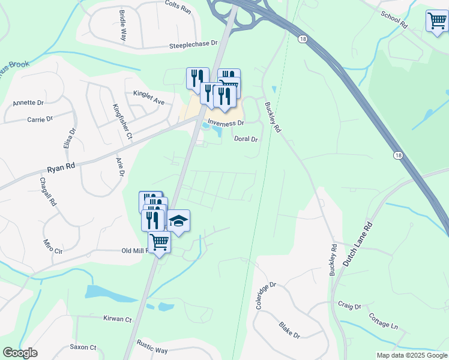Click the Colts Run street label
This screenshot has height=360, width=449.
tap(178, 11)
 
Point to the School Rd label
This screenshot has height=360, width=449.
tap(394, 20)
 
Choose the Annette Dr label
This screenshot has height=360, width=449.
tap(28, 103)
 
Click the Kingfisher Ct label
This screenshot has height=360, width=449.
tap(122, 122)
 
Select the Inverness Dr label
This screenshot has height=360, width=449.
tap(226, 123)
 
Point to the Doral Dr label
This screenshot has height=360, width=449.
tap(245, 139)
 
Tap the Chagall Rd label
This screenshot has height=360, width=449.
tap(47, 191)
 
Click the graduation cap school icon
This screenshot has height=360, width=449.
tap(178, 221)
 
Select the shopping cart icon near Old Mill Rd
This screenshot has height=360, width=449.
tap(159, 242)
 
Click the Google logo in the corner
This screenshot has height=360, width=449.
tap(20, 353)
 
